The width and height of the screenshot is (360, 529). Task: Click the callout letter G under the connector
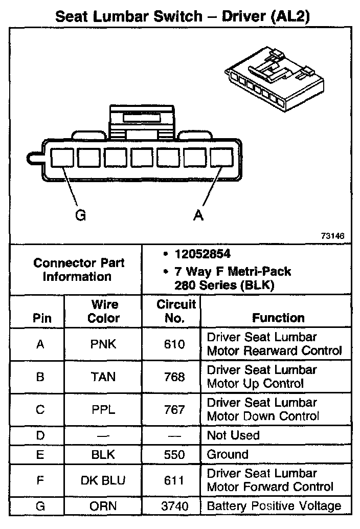[x=80, y=215]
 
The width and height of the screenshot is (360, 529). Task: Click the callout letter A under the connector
[x=198, y=215]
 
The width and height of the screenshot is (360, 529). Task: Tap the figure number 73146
[x=332, y=236]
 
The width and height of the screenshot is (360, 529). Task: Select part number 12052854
[x=201, y=254]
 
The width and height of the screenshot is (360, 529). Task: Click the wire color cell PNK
[x=103, y=344]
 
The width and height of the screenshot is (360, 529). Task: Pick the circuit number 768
[x=175, y=377]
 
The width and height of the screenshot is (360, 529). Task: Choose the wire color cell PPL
[x=103, y=410]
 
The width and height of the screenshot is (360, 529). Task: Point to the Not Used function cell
[x=233, y=435]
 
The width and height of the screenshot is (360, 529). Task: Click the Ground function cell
[x=228, y=454]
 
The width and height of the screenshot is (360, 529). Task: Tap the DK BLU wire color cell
[x=103, y=480]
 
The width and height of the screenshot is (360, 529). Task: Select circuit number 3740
[x=175, y=506]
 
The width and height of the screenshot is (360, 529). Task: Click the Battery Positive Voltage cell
[x=274, y=506]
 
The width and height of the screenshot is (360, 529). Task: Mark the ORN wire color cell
[x=103, y=506]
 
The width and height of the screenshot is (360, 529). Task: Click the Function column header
[x=278, y=318]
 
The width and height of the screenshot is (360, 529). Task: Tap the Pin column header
[x=42, y=318]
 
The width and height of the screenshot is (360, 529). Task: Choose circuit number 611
[x=175, y=480]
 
